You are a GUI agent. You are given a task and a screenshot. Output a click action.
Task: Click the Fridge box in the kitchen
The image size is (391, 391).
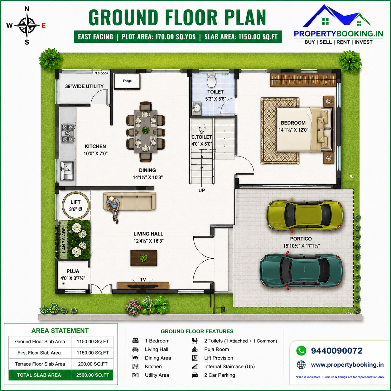click(x=127, y=81)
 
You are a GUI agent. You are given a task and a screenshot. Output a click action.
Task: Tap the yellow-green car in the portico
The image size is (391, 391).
click(x=305, y=215)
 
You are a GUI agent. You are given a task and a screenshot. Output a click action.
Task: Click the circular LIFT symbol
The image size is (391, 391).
click(x=76, y=205)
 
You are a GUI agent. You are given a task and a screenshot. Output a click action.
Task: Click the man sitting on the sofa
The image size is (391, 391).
click(x=113, y=209)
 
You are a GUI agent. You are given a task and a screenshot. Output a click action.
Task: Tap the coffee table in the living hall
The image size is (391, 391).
click(x=144, y=258)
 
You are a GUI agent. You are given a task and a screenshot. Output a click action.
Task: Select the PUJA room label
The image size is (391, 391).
click(x=73, y=271)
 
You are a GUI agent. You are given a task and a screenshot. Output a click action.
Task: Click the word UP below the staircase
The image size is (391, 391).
click(x=202, y=190)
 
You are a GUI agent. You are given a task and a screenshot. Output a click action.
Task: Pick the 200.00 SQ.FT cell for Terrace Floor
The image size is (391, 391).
click(x=93, y=364)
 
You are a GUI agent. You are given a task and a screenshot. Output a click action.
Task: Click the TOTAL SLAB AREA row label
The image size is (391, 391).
click(x=39, y=375)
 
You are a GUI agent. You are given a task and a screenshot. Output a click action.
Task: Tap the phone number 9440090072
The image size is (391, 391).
click(x=337, y=351)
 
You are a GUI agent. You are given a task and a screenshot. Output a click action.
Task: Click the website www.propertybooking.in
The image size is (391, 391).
click(x=347, y=365)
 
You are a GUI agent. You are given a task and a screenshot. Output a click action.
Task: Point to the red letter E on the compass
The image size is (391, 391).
click(x=43, y=26)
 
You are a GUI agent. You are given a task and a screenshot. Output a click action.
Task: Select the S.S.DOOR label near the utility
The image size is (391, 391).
click(x=102, y=73)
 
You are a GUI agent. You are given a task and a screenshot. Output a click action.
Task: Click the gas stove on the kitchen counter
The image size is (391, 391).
click(x=68, y=133)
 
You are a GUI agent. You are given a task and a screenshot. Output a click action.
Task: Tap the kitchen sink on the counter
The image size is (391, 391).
click(x=67, y=171)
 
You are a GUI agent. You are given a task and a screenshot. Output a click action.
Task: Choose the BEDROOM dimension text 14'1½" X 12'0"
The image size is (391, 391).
click(x=293, y=130)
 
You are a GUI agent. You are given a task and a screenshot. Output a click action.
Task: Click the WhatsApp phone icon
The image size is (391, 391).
click(x=301, y=351)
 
